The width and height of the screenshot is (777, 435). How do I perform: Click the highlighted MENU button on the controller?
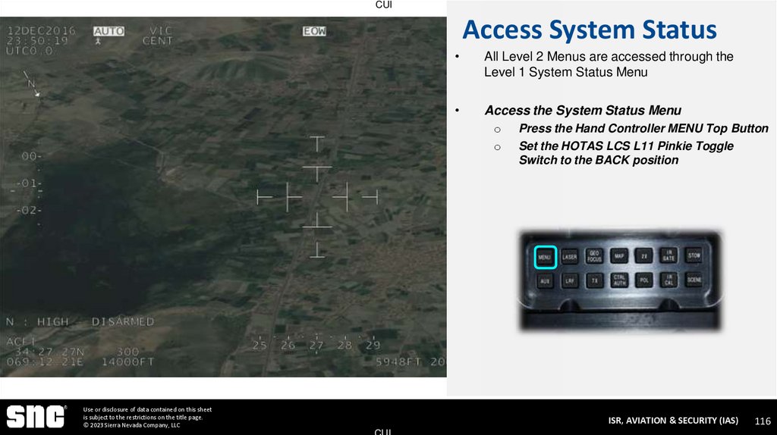click(545, 257)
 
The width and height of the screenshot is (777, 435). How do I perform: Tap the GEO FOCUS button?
click(594, 257)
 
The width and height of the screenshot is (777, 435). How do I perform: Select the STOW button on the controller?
click(694, 256)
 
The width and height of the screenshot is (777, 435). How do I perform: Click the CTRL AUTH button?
click(618, 280)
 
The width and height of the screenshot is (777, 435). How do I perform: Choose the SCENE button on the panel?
click(694, 280)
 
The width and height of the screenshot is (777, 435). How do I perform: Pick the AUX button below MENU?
click(545, 280)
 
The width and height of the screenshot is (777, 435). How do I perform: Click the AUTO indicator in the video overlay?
click(109, 31)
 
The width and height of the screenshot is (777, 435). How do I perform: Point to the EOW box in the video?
click(314, 31)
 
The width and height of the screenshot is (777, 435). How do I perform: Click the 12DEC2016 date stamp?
click(42, 31)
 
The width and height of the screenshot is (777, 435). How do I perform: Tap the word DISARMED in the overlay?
click(122, 321)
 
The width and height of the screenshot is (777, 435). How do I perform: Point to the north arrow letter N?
click(33, 85)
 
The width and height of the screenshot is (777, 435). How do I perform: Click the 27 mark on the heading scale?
click(316, 346)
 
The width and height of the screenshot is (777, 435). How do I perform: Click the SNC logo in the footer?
click(35, 417)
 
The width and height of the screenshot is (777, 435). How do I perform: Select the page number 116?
click(762, 421)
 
